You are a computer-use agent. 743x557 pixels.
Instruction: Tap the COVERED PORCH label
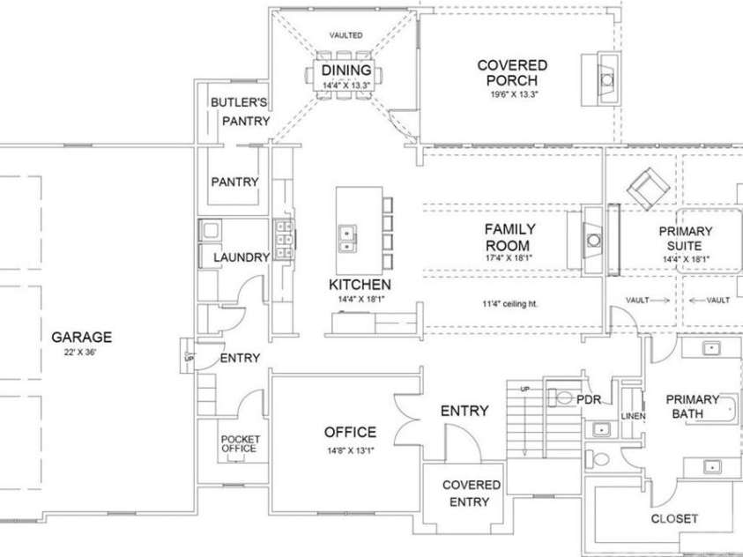tap(512, 72)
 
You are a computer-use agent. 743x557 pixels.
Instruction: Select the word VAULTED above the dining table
tap(346, 36)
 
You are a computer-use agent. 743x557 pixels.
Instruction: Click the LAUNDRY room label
tap(241, 257)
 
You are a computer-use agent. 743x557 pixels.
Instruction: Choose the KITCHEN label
tap(360, 285)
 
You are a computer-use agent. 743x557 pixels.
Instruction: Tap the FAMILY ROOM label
tap(510, 236)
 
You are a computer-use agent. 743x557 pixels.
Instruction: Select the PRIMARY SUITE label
tap(687, 238)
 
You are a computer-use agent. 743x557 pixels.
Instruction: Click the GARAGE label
tap(81, 337)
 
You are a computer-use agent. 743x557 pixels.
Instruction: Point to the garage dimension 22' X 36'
tap(81, 352)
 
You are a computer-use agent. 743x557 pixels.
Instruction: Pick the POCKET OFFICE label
tap(239, 443)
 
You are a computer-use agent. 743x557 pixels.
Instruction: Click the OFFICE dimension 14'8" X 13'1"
tap(350, 451)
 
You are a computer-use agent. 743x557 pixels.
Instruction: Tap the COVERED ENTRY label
tap(472, 494)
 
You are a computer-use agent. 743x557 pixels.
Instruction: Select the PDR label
tap(588, 399)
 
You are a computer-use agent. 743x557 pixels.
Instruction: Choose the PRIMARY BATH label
tap(692, 406)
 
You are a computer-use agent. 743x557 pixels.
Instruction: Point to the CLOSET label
tap(674, 518)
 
